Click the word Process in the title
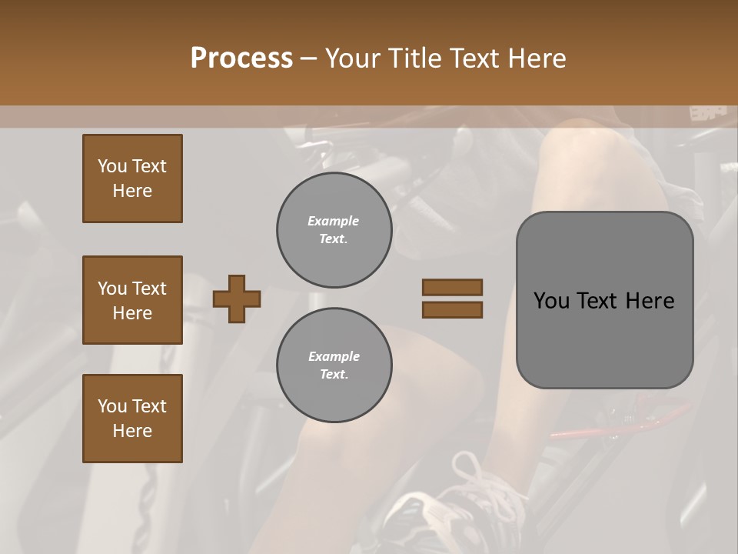pyautogui.click(x=241, y=58)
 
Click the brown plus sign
pyautogui.click(x=237, y=299)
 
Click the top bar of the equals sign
pyautogui.click(x=453, y=287)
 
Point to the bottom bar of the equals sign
pyautogui.click(x=453, y=309)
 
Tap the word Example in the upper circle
pyautogui.click(x=334, y=221)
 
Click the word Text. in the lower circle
pyautogui.click(x=334, y=375)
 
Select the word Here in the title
pyautogui.click(x=537, y=58)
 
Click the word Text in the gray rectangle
pyautogui.click(x=597, y=301)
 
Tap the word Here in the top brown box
pyautogui.click(x=132, y=191)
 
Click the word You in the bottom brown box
pyautogui.click(x=112, y=406)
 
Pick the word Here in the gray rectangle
pyautogui.click(x=650, y=301)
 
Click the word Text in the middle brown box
pyautogui.click(x=149, y=289)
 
